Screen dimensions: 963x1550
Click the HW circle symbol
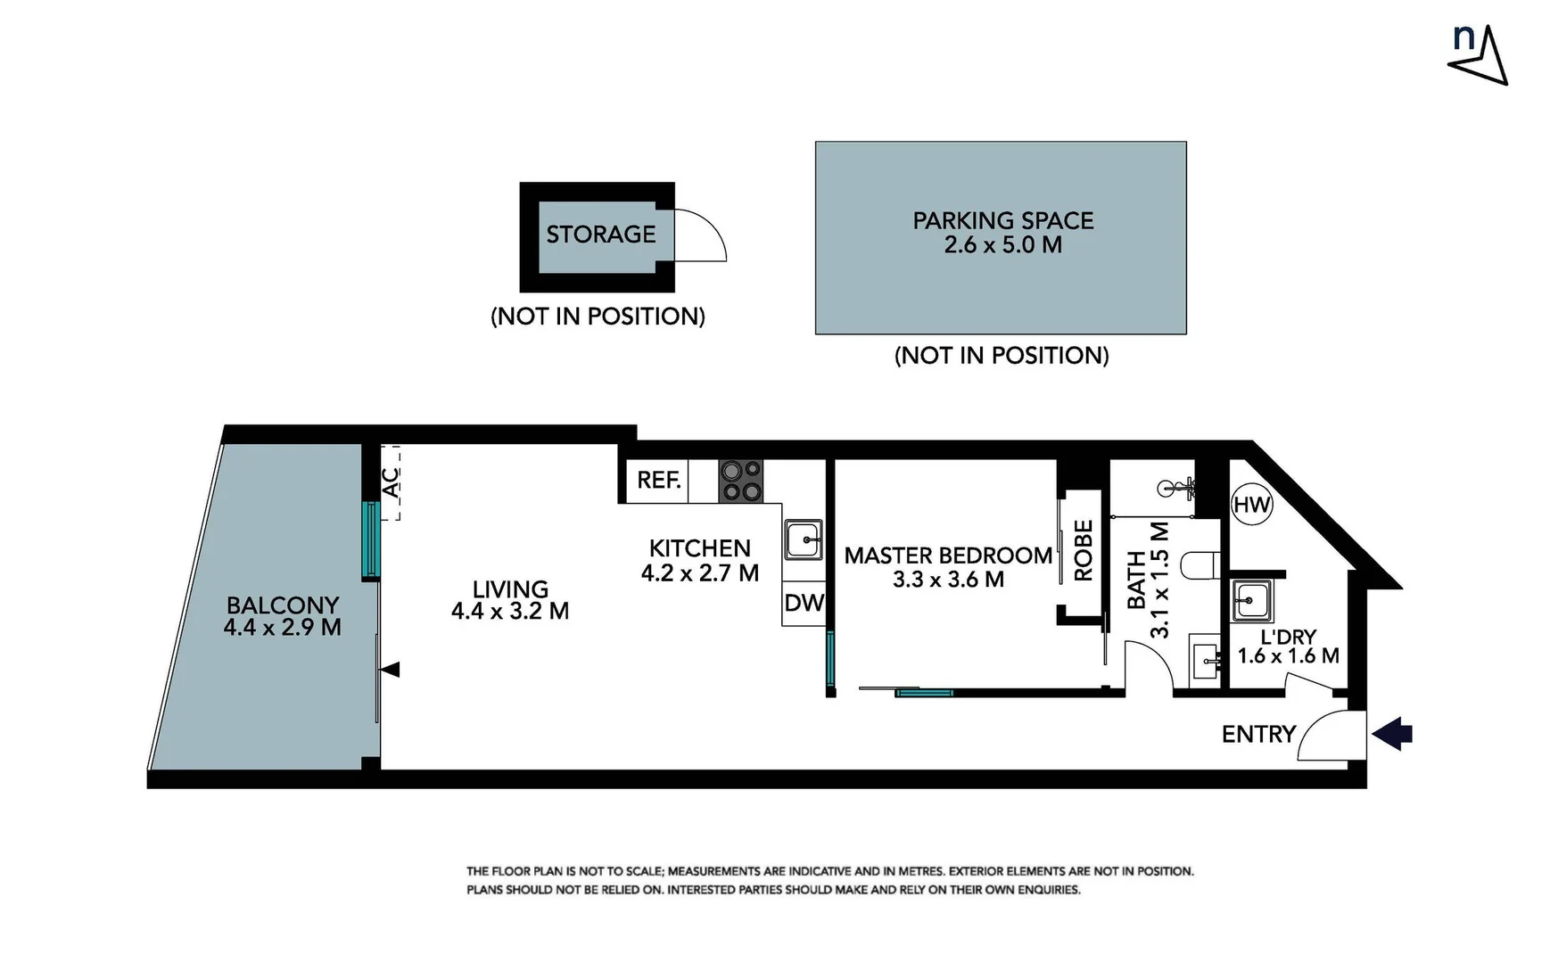point(1251,505)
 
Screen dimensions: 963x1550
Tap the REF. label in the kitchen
point(659,481)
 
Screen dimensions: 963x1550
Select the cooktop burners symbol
point(741,481)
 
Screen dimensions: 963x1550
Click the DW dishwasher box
point(804,604)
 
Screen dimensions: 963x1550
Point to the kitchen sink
point(804,539)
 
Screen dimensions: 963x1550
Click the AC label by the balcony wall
point(391,482)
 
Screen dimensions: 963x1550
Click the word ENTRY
point(1258,734)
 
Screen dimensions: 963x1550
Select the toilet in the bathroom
point(1200,564)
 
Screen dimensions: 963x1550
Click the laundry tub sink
point(1252,599)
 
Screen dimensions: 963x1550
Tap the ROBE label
point(1084,551)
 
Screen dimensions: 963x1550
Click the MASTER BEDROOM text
point(948,556)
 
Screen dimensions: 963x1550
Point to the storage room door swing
point(702,236)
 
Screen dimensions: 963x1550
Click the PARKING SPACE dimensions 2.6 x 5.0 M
point(1002,245)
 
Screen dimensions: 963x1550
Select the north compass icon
point(1478,55)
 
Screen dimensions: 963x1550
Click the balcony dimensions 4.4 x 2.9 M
point(282,628)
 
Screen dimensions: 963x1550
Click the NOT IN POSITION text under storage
point(598,317)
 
